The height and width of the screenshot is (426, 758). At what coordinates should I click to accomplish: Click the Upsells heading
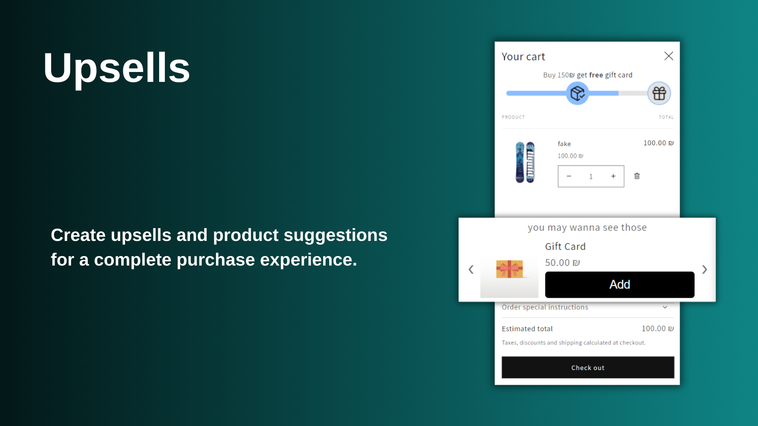click(117, 68)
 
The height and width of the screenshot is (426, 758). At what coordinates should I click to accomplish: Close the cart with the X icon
click(668, 56)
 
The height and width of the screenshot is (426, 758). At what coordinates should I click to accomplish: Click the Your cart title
click(523, 57)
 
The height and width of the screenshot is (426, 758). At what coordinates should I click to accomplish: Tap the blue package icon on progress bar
click(578, 93)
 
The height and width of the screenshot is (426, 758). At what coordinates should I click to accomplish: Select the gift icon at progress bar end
click(659, 93)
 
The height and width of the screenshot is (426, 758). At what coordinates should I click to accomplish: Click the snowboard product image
click(525, 162)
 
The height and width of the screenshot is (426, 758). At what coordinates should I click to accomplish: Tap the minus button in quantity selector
click(569, 176)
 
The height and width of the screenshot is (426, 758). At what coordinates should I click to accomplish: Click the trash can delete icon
click(637, 176)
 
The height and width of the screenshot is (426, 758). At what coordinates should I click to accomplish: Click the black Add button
click(620, 284)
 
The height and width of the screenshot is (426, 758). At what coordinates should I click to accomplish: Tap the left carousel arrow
click(471, 269)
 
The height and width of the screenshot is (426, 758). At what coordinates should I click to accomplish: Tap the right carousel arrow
click(704, 269)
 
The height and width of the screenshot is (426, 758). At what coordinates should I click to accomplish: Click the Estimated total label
click(527, 328)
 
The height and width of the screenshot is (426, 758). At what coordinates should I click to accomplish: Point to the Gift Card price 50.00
click(562, 263)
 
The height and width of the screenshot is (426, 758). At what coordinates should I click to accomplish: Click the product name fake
click(564, 144)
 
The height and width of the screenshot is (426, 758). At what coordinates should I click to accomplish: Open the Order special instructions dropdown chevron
click(665, 307)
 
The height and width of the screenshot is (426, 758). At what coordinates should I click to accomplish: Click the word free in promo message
click(596, 75)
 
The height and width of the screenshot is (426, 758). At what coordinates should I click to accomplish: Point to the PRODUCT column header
click(513, 117)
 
